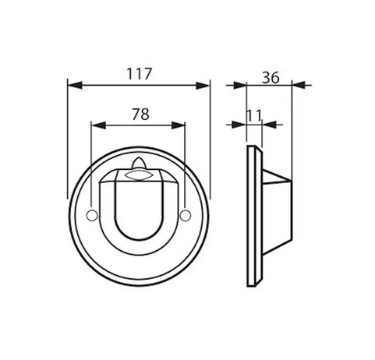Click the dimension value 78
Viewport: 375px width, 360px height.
click(139, 113)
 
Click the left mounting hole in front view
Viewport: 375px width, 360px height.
click(93, 214)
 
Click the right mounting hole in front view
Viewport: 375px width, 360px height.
click(185, 214)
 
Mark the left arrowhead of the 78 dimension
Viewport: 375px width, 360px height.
click(96, 124)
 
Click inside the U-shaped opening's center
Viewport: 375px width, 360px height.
click(139, 206)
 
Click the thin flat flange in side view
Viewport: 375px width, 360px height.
click(251, 214)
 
